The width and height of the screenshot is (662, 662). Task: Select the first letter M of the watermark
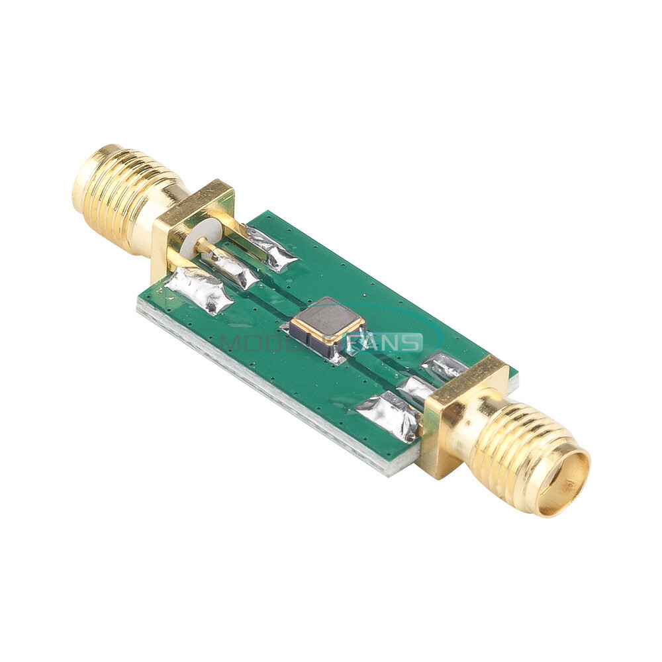(x=231, y=343)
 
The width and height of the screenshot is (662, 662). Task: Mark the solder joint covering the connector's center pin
(x=233, y=268)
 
